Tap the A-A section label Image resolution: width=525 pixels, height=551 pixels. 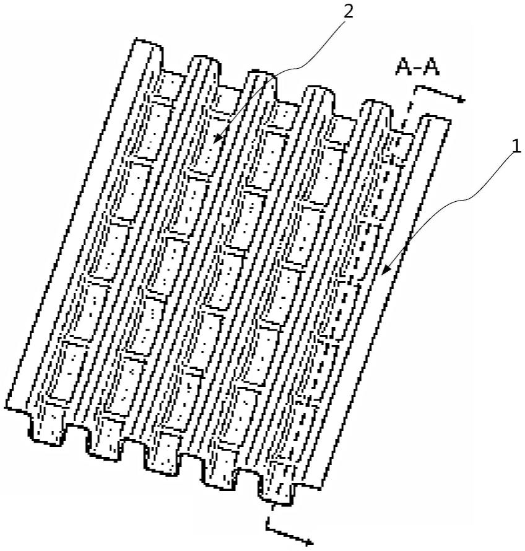tap(419, 67)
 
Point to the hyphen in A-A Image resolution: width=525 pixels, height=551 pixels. tap(419, 68)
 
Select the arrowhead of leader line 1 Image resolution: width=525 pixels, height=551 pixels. tap(383, 272)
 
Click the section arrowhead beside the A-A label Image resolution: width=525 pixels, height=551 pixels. tap(461, 98)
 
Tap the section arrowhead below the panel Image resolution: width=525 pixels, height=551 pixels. tap(309, 543)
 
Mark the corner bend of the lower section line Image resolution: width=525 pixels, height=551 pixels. tap(267, 527)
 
